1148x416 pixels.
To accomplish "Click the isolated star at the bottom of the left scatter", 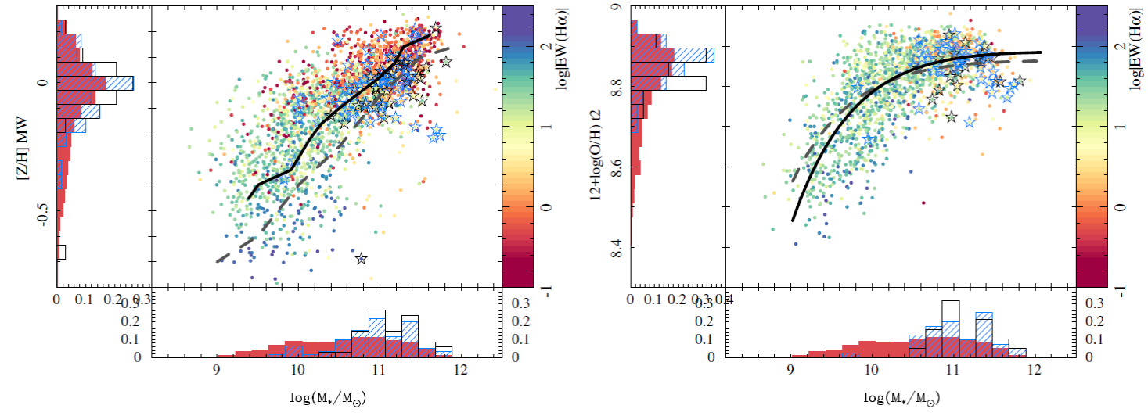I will (361, 258).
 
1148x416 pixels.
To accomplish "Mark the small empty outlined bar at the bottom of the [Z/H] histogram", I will (61, 252).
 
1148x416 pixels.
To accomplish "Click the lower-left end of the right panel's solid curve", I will (793, 221).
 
